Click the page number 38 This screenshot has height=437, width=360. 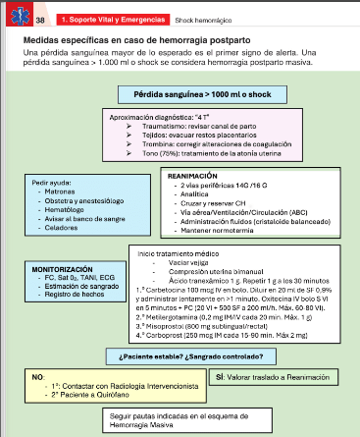pos(40,19)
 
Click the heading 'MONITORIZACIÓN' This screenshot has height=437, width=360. pos(63,268)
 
